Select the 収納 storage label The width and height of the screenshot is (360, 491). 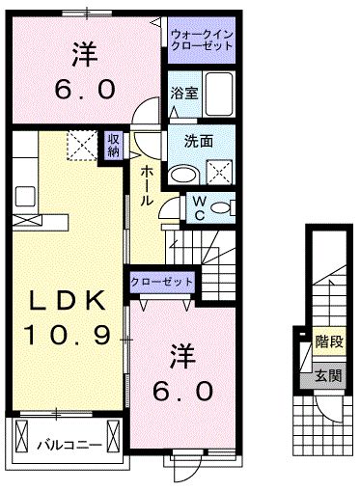pyautogui.click(x=114, y=146)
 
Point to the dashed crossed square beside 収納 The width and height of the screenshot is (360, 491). pyautogui.click(x=78, y=146)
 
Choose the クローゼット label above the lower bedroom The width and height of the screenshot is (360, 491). pyautogui.click(x=162, y=283)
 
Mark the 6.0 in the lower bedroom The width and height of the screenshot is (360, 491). pyautogui.click(x=183, y=392)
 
